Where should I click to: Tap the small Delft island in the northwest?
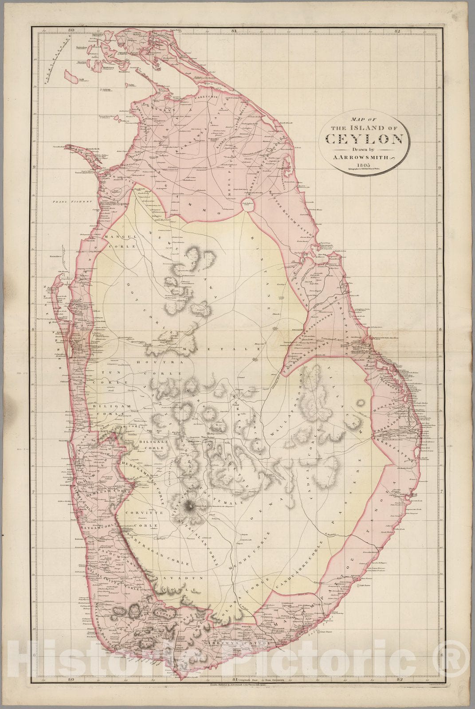pos(74,78)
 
